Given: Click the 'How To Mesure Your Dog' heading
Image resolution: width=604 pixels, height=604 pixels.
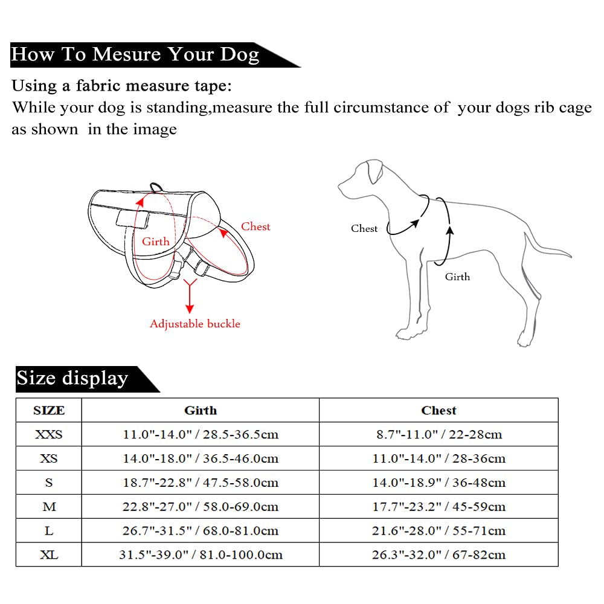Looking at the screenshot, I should click(135, 54).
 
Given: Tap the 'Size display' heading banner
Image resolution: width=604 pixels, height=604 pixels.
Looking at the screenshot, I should click(72, 379).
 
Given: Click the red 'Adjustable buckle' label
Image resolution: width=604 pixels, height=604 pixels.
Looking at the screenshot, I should click(194, 324).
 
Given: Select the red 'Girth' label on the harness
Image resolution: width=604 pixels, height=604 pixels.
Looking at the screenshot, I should click(156, 242).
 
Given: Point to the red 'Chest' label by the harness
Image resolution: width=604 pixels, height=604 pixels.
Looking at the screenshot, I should click(255, 226).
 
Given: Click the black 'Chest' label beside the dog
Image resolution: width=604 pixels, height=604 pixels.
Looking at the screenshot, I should click(364, 228).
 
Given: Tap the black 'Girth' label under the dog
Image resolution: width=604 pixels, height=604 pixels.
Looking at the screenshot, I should click(457, 277).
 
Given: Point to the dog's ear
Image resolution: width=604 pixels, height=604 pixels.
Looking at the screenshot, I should click(376, 173).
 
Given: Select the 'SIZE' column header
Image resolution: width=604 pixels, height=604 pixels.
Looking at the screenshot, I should click(49, 411).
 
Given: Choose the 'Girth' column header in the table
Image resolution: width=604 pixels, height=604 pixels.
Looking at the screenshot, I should click(201, 411).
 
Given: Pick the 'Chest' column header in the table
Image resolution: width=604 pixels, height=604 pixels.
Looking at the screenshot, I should click(439, 411).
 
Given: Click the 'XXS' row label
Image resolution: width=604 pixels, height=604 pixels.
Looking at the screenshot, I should click(49, 434).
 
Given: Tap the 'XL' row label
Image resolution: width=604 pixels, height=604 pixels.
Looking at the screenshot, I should click(49, 554).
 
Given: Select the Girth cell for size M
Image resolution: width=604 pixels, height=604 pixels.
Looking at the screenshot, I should click(201, 507).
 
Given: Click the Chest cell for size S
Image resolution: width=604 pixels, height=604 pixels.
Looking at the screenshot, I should click(439, 483).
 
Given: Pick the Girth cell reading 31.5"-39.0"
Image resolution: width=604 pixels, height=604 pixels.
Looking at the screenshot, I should click(201, 554).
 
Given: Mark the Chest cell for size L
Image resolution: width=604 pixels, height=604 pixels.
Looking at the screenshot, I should click(439, 531).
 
